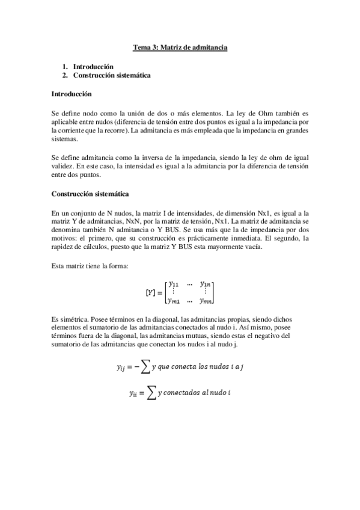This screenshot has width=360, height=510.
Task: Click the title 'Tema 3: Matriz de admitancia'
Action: point(180,46)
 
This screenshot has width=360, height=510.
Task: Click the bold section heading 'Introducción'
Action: point(72,94)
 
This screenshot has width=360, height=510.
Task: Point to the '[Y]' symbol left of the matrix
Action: point(152,292)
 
